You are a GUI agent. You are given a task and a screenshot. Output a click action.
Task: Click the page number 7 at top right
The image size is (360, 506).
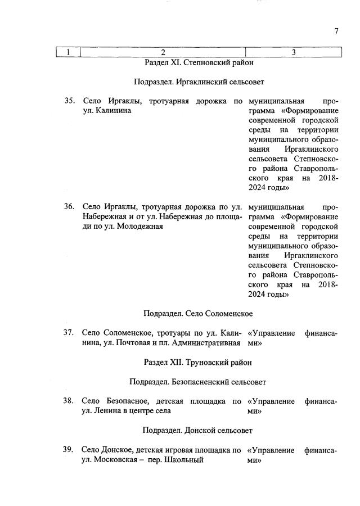[x=336, y=31]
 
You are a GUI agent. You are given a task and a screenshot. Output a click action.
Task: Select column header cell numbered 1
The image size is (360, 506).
[x=68, y=53]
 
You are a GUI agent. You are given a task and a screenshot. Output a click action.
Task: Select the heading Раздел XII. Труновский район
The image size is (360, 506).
[x=197, y=362]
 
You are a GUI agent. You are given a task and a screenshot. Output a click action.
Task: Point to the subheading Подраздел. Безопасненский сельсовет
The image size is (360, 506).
[x=197, y=382]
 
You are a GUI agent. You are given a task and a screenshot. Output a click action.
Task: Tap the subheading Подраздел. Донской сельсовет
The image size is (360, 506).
[x=197, y=431]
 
